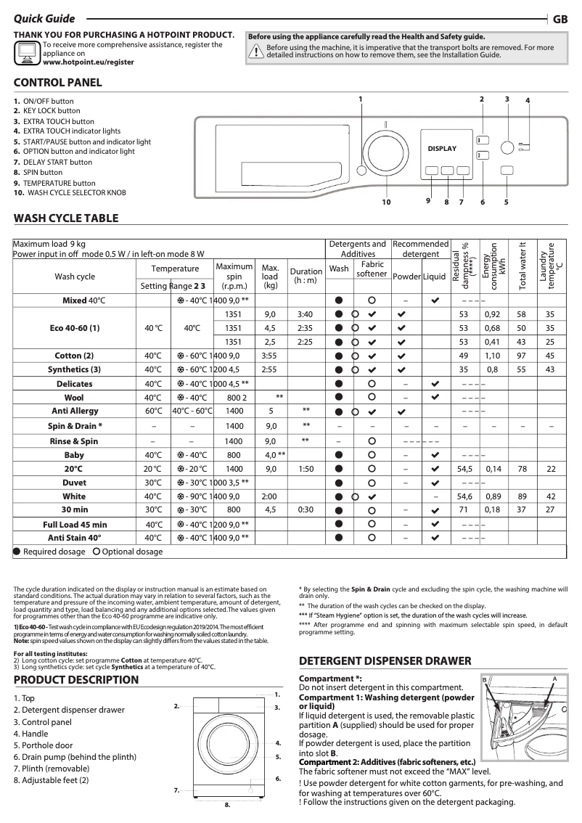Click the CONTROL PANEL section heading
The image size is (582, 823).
pyautogui.click(x=58, y=83)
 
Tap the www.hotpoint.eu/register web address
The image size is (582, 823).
pyautogui.click(x=89, y=62)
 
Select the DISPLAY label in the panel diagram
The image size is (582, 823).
pyautogui.click(x=442, y=149)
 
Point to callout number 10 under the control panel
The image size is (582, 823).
pyautogui.click(x=386, y=202)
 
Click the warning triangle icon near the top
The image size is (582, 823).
pyautogui.click(x=255, y=51)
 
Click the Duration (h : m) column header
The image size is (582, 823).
pyautogui.click(x=306, y=276)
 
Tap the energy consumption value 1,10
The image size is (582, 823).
pyautogui.click(x=493, y=356)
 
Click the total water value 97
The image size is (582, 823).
pyautogui.click(x=521, y=356)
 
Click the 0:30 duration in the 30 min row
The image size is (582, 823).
pyautogui.click(x=306, y=509)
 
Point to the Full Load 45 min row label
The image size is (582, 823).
pyautogui.click(x=75, y=524)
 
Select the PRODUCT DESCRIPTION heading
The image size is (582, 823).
pyautogui.click(x=76, y=680)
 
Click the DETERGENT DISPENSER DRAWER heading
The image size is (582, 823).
pyautogui.click(x=385, y=661)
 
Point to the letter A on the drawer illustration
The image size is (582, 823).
pyautogui.click(x=554, y=678)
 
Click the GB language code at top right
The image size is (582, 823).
pyautogui.click(x=560, y=20)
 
